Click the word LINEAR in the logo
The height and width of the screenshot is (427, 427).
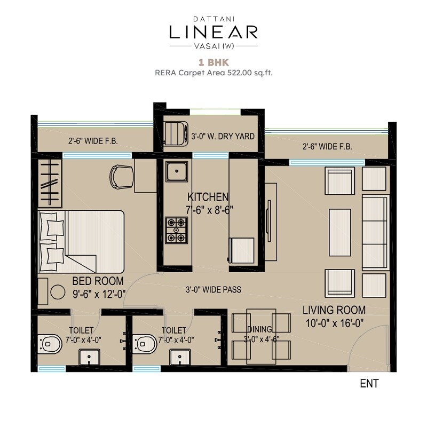[x=213, y=31]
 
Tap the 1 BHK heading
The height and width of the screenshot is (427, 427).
[x=213, y=62]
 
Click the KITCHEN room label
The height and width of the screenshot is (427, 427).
[x=208, y=197]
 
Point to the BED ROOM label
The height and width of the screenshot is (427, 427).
[x=98, y=281]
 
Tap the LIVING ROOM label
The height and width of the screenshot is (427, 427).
[x=334, y=310]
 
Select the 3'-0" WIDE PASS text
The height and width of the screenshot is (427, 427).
[x=213, y=290]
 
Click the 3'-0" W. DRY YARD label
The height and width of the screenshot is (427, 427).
[x=223, y=137]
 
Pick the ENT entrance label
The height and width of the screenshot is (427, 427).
[x=369, y=383]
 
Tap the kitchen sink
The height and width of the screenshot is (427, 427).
[x=176, y=172]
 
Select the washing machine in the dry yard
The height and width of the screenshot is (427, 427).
[x=175, y=133]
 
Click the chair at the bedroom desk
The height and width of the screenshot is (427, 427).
[x=122, y=176]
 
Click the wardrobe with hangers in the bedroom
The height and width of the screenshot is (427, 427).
[x=50, y=181]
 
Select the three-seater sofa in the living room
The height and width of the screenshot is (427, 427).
[x=375, y=232]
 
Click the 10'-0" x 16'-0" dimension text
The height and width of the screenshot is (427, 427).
[x=334, y=322]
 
